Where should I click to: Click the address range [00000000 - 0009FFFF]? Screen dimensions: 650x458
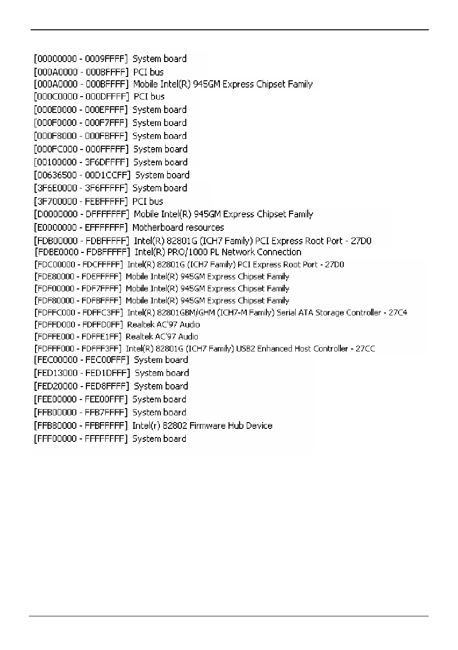tap(81, 59)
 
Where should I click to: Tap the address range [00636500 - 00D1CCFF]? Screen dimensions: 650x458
tap(82, 175)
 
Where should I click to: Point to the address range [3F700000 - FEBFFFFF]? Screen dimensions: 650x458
tap(81, 201)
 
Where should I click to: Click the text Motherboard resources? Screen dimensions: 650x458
tap(178, 227)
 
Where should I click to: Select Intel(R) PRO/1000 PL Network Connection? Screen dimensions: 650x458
tap(218, 252)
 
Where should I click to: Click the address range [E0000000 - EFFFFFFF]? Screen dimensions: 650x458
tap(81, 227)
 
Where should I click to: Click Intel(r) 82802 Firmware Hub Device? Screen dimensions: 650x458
tap(202, 425)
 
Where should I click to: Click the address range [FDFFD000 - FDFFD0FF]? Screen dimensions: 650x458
tap(78, 325)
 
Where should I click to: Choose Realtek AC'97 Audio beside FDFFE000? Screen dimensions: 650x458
tap(162, 337)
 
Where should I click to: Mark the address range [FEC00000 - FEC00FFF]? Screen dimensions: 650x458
tap(81, 360)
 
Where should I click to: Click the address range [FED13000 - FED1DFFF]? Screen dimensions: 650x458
tap(82, 373)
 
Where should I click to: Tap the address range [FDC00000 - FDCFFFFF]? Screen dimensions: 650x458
tap(78, 264)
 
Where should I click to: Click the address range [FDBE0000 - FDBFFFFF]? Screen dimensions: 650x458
tap(82, 252)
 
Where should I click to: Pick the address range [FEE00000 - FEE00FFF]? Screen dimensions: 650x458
tap(81, 400)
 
